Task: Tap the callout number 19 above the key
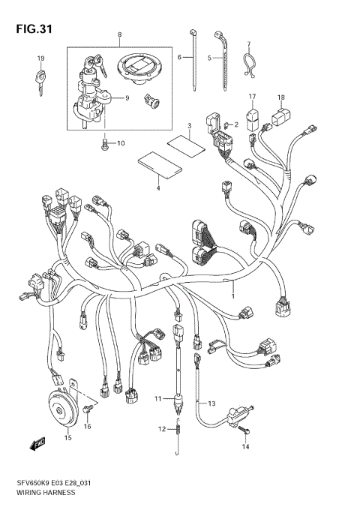[41, 58]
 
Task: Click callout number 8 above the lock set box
[119, 35]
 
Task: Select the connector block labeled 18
[281, 116]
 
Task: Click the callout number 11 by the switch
[157, 399]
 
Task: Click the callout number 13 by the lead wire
[211, 403]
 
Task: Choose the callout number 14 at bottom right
[245, 448]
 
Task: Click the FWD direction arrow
[37, 445]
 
